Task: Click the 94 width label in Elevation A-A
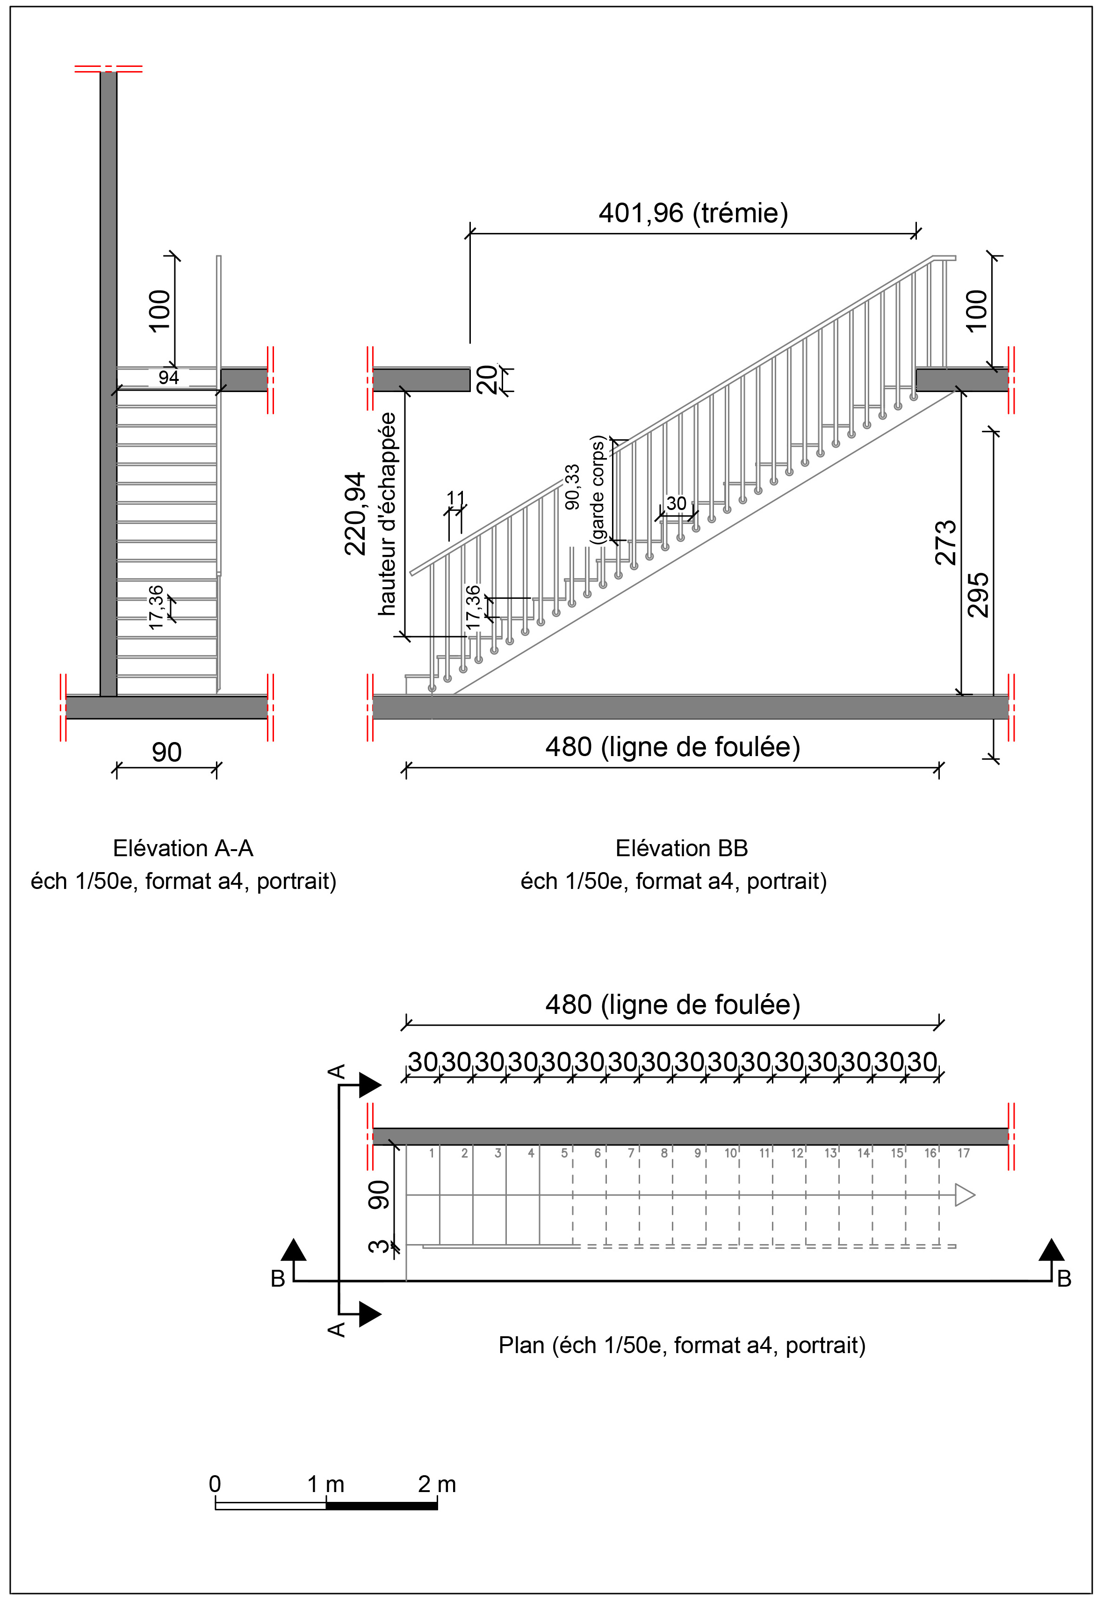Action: (169, 378)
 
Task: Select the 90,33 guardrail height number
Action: (573, 488)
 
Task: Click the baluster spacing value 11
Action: (456, 498)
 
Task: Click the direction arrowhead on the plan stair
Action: (965, 1195)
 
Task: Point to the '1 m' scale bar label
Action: (325, 1485)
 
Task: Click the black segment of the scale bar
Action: (382, 1505)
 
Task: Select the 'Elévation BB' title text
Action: (681, 848)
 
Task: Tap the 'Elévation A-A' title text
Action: (183, 848)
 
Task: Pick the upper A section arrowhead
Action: (369, 1085)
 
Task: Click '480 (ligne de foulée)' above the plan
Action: (672, 1005)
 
